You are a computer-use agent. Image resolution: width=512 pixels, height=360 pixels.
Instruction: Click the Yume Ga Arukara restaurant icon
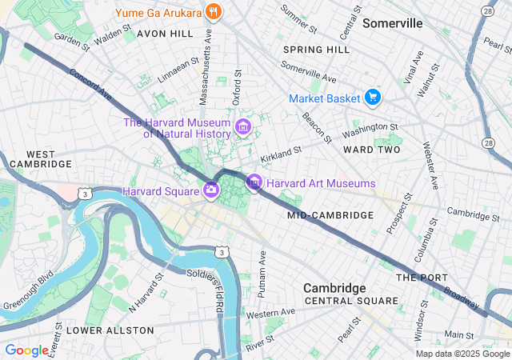(213, 12)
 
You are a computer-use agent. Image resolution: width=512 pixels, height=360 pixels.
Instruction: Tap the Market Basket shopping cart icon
(372, 98)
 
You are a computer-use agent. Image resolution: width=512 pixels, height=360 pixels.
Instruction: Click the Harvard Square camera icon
(211, 190)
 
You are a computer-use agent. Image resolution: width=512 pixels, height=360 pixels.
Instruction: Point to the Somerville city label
(392, 23)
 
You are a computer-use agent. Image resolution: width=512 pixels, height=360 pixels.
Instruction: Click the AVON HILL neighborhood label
(165, 34)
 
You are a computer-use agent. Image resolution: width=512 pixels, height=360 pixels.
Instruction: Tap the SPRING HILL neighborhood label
(316, 50)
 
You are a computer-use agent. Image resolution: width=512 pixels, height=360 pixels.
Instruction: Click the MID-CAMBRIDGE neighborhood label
(330, 215)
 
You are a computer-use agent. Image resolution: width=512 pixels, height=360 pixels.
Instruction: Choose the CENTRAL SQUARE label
(351, 301)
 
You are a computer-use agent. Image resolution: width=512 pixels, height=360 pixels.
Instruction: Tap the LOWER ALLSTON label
(110, 330)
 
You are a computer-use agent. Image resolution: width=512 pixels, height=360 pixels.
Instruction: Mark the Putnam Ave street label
(262, 274)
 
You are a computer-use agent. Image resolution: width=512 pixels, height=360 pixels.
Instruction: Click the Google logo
(26, 350)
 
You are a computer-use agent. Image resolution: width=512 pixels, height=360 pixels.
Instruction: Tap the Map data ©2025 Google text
(462, 354)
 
